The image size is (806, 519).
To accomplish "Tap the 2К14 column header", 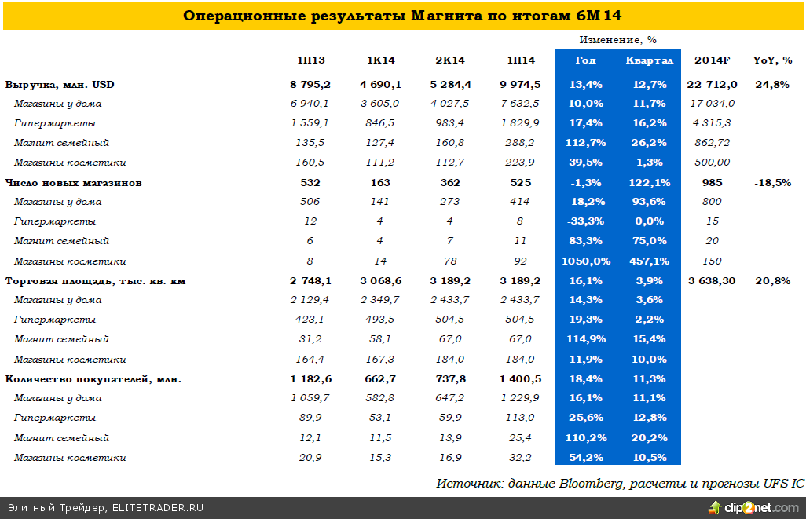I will pyautogui.click(x=450, y=60).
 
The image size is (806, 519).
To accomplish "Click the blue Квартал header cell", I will pyautogui.click(x=649, y=60).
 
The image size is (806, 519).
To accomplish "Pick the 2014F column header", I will pyautogui.click(x=713, y=60).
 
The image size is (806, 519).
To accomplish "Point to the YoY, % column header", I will pyautogui.click(x=772, y=60).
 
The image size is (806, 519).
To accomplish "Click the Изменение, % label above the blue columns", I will pyautogui.click(x=617, y=39).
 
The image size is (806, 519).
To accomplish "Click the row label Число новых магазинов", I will pyautogui.click(x=73, y=182).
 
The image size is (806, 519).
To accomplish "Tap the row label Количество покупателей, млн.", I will pyautogui.click(x=93, y=379).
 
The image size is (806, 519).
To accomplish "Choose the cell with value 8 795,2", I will pyautogui.click(x=310, y=84).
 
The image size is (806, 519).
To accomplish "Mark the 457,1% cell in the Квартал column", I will pyautogui.click(x=648, y=261).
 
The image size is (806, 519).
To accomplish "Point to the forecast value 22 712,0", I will pyautogui.click(x=713, y=84).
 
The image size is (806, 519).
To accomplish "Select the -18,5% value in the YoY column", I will pyautogui.click(x=772, y=182).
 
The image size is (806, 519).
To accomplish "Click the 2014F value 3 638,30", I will pyautogui.click(x=713, y=280).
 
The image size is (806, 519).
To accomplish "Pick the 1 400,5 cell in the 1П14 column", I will pyautogui.click(x=520, y=379).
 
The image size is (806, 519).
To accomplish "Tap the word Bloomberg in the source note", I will pyautogui.click(x=590, y=483).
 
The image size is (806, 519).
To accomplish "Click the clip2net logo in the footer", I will pyautogui.click(x=759, y=507).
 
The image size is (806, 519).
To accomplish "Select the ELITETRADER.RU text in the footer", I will pyautogui.click(x=158, y=508).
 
